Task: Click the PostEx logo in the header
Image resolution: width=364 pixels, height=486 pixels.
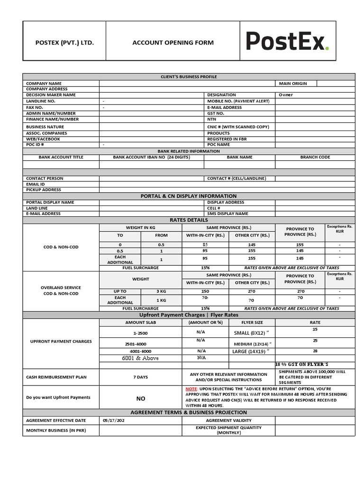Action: pos(287,41)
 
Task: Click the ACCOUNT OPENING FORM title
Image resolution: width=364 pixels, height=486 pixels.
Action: pos(173,43)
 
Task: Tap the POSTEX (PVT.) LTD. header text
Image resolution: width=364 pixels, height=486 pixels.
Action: pos(64,43)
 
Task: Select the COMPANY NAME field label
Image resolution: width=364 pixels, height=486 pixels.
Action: pos(44,84)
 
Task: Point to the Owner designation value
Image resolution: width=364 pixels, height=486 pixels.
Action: pos(286,95)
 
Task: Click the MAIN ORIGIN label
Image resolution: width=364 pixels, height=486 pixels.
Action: pos(292,84)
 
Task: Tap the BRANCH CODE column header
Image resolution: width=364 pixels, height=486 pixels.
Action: pos(315,157)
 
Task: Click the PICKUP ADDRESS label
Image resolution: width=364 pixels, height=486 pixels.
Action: pos(44,190)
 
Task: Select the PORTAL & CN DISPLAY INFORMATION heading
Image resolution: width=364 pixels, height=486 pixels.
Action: pos(188,196)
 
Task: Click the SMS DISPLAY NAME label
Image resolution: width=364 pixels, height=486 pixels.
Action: pos(227,214)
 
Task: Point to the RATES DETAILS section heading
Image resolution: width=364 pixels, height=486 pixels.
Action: pos(188,220)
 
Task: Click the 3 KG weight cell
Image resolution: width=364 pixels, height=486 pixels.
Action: pos(161,291)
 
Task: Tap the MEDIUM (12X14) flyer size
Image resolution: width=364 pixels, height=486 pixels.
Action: pos(252,344)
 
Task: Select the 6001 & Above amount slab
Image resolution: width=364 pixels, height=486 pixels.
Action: pos(140,358)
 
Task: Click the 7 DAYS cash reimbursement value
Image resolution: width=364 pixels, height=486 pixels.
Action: pos(140,377)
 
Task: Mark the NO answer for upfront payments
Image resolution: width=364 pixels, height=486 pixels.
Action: pos(141,399)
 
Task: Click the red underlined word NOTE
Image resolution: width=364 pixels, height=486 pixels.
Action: pos(191,389)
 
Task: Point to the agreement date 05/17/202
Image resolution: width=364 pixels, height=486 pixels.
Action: pos(115,421)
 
